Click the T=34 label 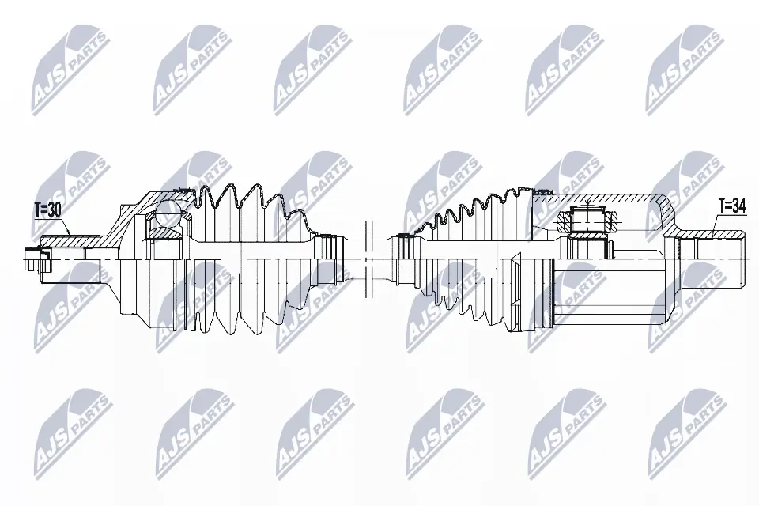click(731, 206)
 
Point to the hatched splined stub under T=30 click(71, 240)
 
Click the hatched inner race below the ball click(165, 233)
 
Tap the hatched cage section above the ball click(158, 197)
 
